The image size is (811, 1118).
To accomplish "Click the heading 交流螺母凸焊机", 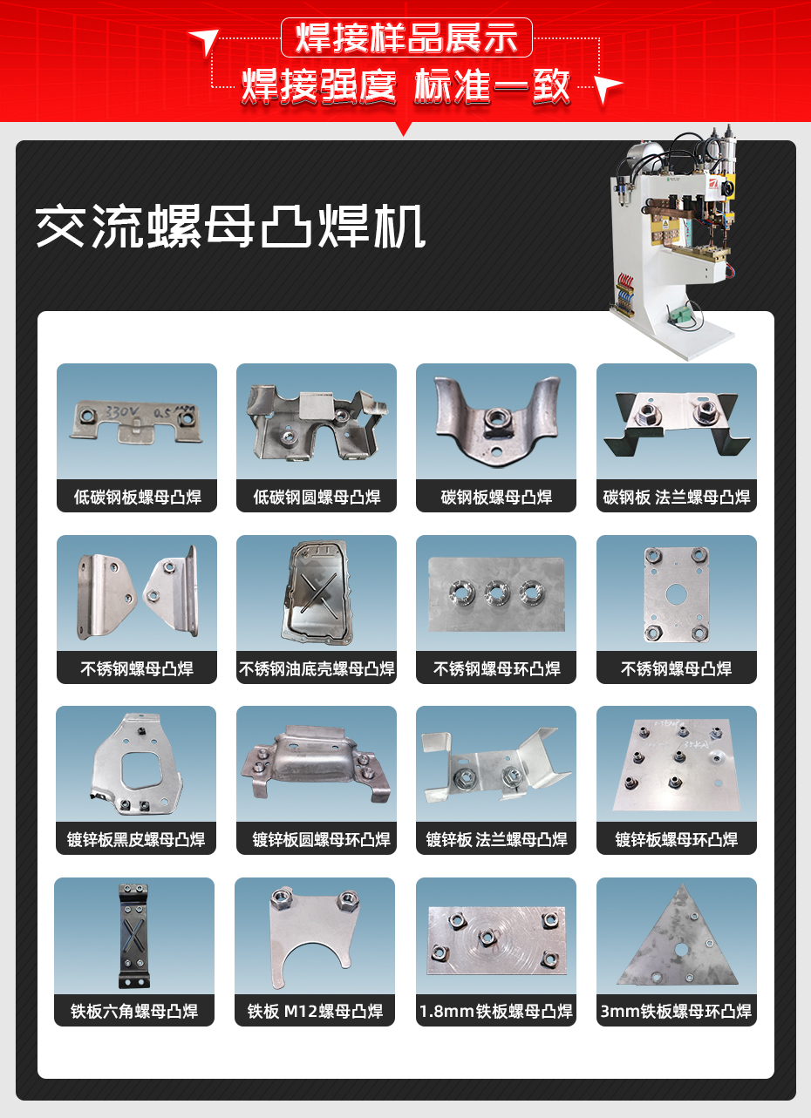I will pos(230,228).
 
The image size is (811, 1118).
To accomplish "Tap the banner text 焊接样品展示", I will pos(406,37).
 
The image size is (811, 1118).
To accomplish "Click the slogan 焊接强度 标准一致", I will pos(406,87).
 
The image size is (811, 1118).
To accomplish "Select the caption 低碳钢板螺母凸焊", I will pos(137,498).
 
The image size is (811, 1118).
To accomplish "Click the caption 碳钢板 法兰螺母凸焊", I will pos(676,498).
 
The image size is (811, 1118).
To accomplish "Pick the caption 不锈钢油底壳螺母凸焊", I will pos(317,669).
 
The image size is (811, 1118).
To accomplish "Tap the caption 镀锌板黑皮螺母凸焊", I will pos(136,840).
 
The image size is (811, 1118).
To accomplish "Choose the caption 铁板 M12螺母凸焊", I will pos(315,1012).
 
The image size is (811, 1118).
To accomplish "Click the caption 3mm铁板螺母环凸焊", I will pos(676,1012).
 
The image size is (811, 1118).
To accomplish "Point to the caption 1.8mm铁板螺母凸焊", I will pos(496,1012).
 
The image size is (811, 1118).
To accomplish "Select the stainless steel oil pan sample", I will pos(316,593).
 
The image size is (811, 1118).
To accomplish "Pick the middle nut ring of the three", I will pos(496,594).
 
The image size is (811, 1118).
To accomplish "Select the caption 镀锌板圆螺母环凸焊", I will pos(317,840).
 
